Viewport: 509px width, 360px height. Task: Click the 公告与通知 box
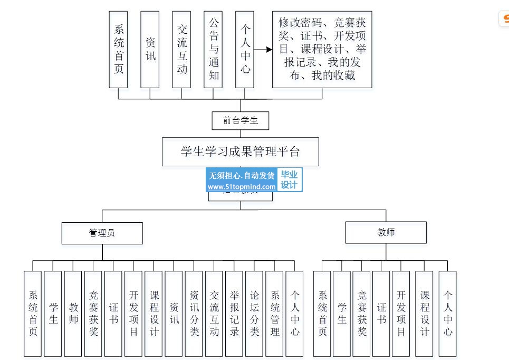(x=213, y=49)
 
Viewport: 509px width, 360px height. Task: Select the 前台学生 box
(x=241, y=120)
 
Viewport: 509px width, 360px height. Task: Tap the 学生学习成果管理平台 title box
(x=240, y=152)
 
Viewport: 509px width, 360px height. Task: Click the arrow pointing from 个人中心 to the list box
(x=263, y=50)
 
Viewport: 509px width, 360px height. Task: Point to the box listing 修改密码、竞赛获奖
(x=322, y=49)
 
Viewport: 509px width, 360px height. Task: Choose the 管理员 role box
(x=102, y=233)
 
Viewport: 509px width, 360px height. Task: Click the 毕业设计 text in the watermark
(x=289, y=180)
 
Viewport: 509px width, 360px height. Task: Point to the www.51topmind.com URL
(x=242, y=186)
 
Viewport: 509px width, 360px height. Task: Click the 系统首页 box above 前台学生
(x=119, y=49)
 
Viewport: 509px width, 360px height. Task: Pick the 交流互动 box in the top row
(x=181, y=49)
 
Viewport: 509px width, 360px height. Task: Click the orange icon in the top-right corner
(x=504, y=19)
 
